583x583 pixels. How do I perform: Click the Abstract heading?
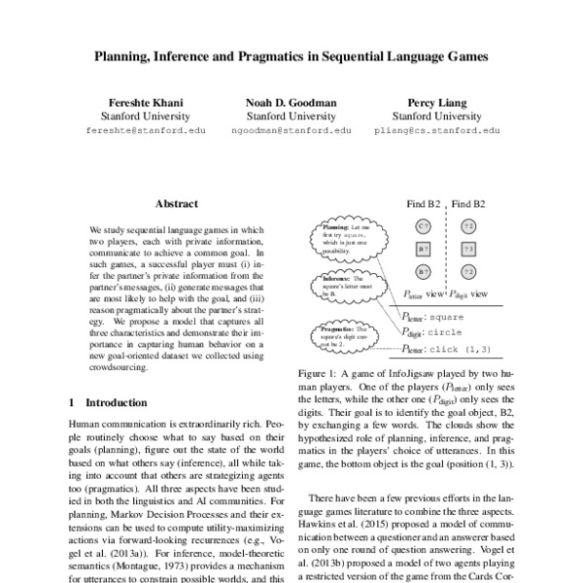click(177, 204)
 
